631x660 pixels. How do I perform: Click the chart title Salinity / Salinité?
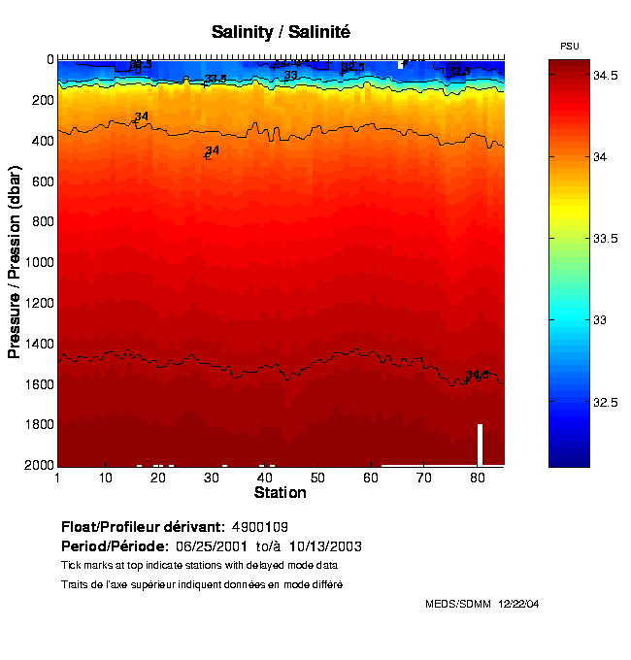click(x=281, y=32)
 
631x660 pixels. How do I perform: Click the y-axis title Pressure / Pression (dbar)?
click(x=15, y=262)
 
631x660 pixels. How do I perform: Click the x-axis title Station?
click(x=280, y=493)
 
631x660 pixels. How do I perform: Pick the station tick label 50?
click(x=317, y=478)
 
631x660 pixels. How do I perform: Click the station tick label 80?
click(x=476, y=478)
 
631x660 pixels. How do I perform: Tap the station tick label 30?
click(x=213, y=478)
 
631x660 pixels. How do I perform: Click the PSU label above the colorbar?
click(x=571, y=47)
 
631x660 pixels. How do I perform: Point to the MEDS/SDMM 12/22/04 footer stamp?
click(x=482, y=604)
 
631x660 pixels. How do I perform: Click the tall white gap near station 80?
click(x=480, y=445)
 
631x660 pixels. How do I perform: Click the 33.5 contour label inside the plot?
click(x=216, y=80)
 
